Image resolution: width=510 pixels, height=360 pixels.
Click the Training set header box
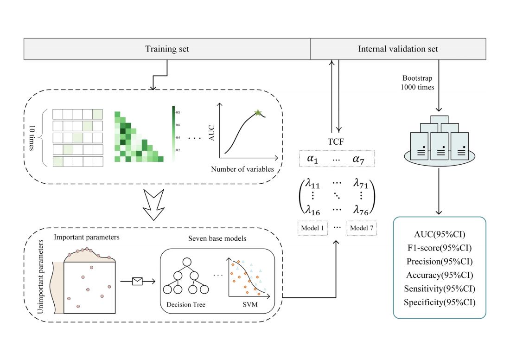pos(167,49)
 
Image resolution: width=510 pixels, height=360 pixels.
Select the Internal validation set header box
pos(398,49)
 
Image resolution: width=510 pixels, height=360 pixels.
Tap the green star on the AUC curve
pos(257,113)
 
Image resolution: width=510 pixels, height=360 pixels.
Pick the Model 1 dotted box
pos(313,228)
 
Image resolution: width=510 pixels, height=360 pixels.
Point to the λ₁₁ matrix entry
pos(313,184)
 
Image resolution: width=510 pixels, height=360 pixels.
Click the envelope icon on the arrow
pos(137,281)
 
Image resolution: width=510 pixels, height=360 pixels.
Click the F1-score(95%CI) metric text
pos(440,247)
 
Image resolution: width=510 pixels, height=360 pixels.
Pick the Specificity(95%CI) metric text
pos(440,302)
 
